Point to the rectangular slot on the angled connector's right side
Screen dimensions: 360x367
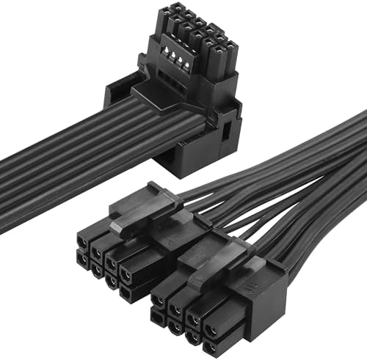225,133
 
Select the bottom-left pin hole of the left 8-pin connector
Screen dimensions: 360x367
81,258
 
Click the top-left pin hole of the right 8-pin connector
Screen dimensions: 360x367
158,299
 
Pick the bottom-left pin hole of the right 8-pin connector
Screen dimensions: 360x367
158,317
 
